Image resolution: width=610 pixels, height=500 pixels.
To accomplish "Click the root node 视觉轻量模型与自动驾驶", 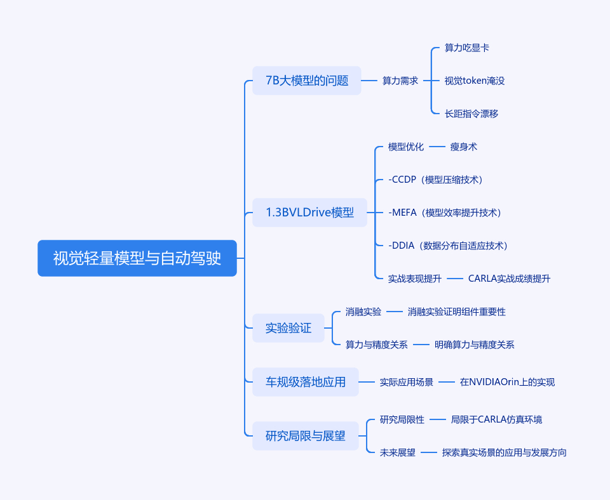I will pyautogui.click(x=137, y=258).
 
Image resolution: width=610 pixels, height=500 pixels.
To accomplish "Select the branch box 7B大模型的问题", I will pyautogui.click(x=306, y=81).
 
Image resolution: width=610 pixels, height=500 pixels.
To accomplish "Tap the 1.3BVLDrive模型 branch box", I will pyautogui.click(x=309, y=213).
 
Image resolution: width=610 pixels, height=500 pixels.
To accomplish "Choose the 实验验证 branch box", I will pyautogui.click(x=288, y=328).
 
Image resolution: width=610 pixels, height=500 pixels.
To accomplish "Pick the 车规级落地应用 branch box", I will pyautogui.click(x=305, y=382).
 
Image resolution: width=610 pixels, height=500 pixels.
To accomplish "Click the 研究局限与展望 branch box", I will pyautogui.click(x=305, y=436).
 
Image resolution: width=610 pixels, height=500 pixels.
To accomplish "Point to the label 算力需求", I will pyautogui.click(x=400, y=81).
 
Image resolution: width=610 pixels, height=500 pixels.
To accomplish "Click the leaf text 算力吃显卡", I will pyautogui.click(x=466, y=48).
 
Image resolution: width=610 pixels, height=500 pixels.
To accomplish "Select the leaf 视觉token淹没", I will pyautogui.click(x=474, y=81).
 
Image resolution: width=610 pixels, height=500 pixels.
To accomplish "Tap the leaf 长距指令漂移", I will pyautogui.click(x=471, y=114).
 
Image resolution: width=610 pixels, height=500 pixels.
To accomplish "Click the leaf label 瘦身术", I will pyautogui.click(x=463, y=147).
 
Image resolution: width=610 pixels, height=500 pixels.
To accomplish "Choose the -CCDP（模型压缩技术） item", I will pyautogui.click(x=435, y=180).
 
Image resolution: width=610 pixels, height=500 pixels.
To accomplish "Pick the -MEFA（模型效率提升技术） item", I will pyautogui.click(x=444, y=213).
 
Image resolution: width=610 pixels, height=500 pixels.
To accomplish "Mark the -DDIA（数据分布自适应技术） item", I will pyautogui.click(x=447, y=246).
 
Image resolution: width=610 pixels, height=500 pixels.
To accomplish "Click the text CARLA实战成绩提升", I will pyautogui.click(x=509, y=279).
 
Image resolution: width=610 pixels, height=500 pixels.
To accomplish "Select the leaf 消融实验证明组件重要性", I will pyautogui.click(x=456, y=312).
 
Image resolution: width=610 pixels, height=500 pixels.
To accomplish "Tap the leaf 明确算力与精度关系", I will pyautogui.click(x=474, y=345).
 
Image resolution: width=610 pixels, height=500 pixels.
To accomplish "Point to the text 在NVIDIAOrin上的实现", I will pyautogui.click(x=507, y=382).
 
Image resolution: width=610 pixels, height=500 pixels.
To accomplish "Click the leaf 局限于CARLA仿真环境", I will pyautogui.click(x=496, y=419).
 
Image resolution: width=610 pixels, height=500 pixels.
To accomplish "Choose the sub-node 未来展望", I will pyautogui.click(x=397, y=452).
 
